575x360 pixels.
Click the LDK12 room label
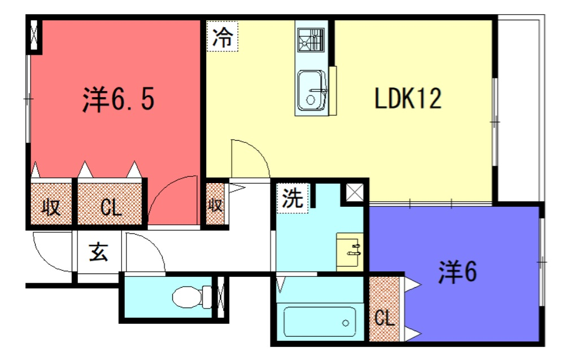coord(408,98)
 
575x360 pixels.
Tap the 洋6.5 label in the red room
coord(118,99)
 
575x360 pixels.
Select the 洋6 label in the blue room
coord(458,272)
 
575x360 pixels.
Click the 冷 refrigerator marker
coord(223,36)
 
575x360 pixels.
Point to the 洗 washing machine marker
coord(293,198)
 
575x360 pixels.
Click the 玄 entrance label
coord(99,252)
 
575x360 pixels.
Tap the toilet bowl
coord(191,297)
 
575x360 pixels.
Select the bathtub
coord(319,322)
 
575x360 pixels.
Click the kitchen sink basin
coord(311,90)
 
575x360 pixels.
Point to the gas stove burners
coord(311,39)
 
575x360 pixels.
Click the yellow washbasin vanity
coord(350,252)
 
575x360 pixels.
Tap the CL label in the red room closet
coord(111,207)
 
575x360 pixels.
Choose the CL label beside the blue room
coord(384,318)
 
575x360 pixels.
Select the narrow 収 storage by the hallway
coord(215,204)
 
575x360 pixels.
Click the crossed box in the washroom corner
coord(355,192)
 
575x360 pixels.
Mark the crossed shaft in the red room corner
coord(34,35)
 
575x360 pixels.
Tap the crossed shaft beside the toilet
coord(220,297)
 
